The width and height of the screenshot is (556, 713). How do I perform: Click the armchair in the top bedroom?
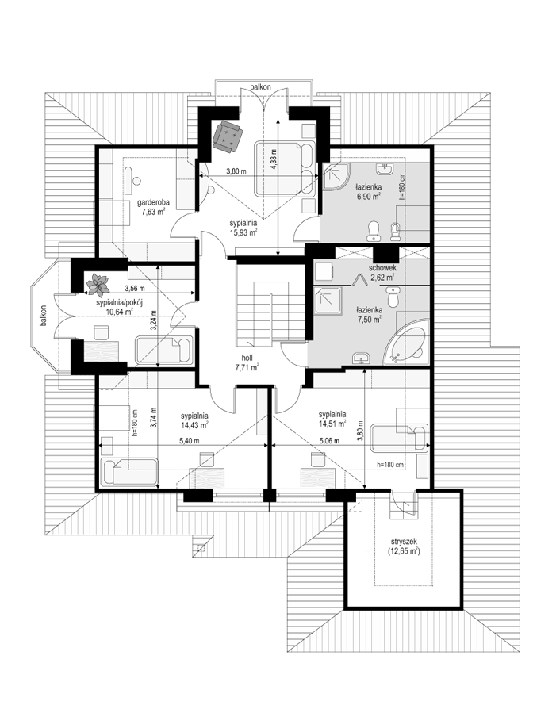228,135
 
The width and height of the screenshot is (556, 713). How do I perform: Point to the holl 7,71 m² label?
247,362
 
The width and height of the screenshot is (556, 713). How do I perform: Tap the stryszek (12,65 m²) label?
404,546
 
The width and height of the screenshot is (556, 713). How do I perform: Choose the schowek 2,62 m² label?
382,272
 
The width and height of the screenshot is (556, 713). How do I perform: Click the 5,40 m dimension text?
189,440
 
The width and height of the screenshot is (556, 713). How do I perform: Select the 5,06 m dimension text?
330,440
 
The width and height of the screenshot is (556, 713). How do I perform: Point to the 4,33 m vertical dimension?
273,160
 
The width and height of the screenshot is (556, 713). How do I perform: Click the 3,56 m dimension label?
135,288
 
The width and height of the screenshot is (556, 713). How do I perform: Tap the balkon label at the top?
260,86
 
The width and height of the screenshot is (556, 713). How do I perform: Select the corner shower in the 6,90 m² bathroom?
335,176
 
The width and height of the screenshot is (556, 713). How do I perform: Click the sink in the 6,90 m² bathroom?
385,169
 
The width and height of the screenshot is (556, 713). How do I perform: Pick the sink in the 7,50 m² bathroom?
362,358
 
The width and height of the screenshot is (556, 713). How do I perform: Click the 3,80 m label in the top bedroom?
236,171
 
